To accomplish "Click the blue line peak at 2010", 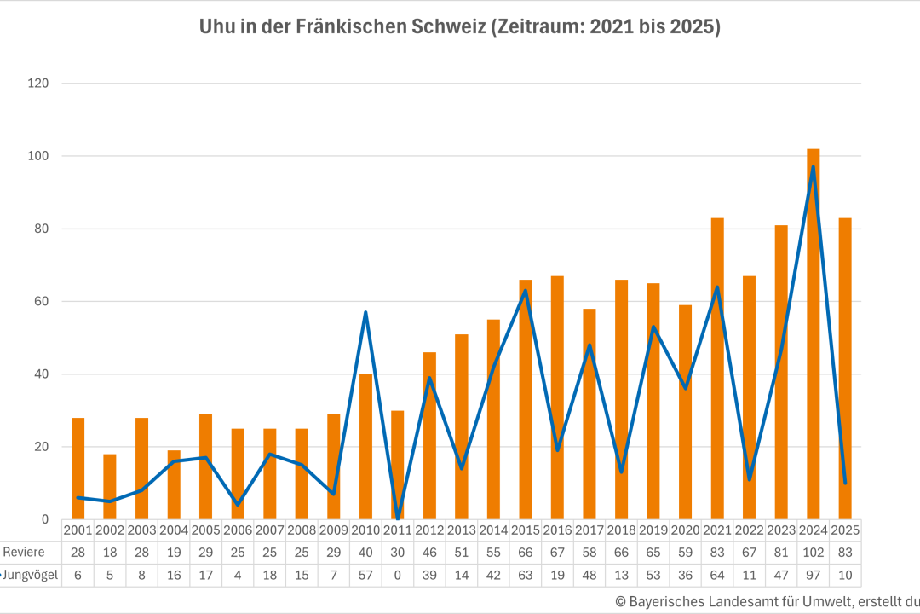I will pyautogui.click(x=365, y=312).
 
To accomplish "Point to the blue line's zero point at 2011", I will pyautogui.click(x=398, y=518).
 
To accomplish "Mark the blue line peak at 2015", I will pyautogui.click(x=526, y=291).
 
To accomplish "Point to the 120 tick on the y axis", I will pyautogui.click(x=39, y=84).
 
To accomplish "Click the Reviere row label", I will pyautogui.click(x=24, y=552).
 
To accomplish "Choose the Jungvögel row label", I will pyautogui.click(x=31, y=575).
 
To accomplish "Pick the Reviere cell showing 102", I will pyautogui.click(x=814, y=552).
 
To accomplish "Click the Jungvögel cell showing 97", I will pyautogui.click(x=814, y=575).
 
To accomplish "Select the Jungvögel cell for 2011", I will pyautogui.click(x=398, y=575).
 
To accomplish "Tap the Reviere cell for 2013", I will pyautogui.click(x=462, y=552).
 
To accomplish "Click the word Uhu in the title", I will pyautogui.click(x=216, y=27).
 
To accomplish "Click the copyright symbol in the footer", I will pyautogui.click(x=620, y=601).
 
